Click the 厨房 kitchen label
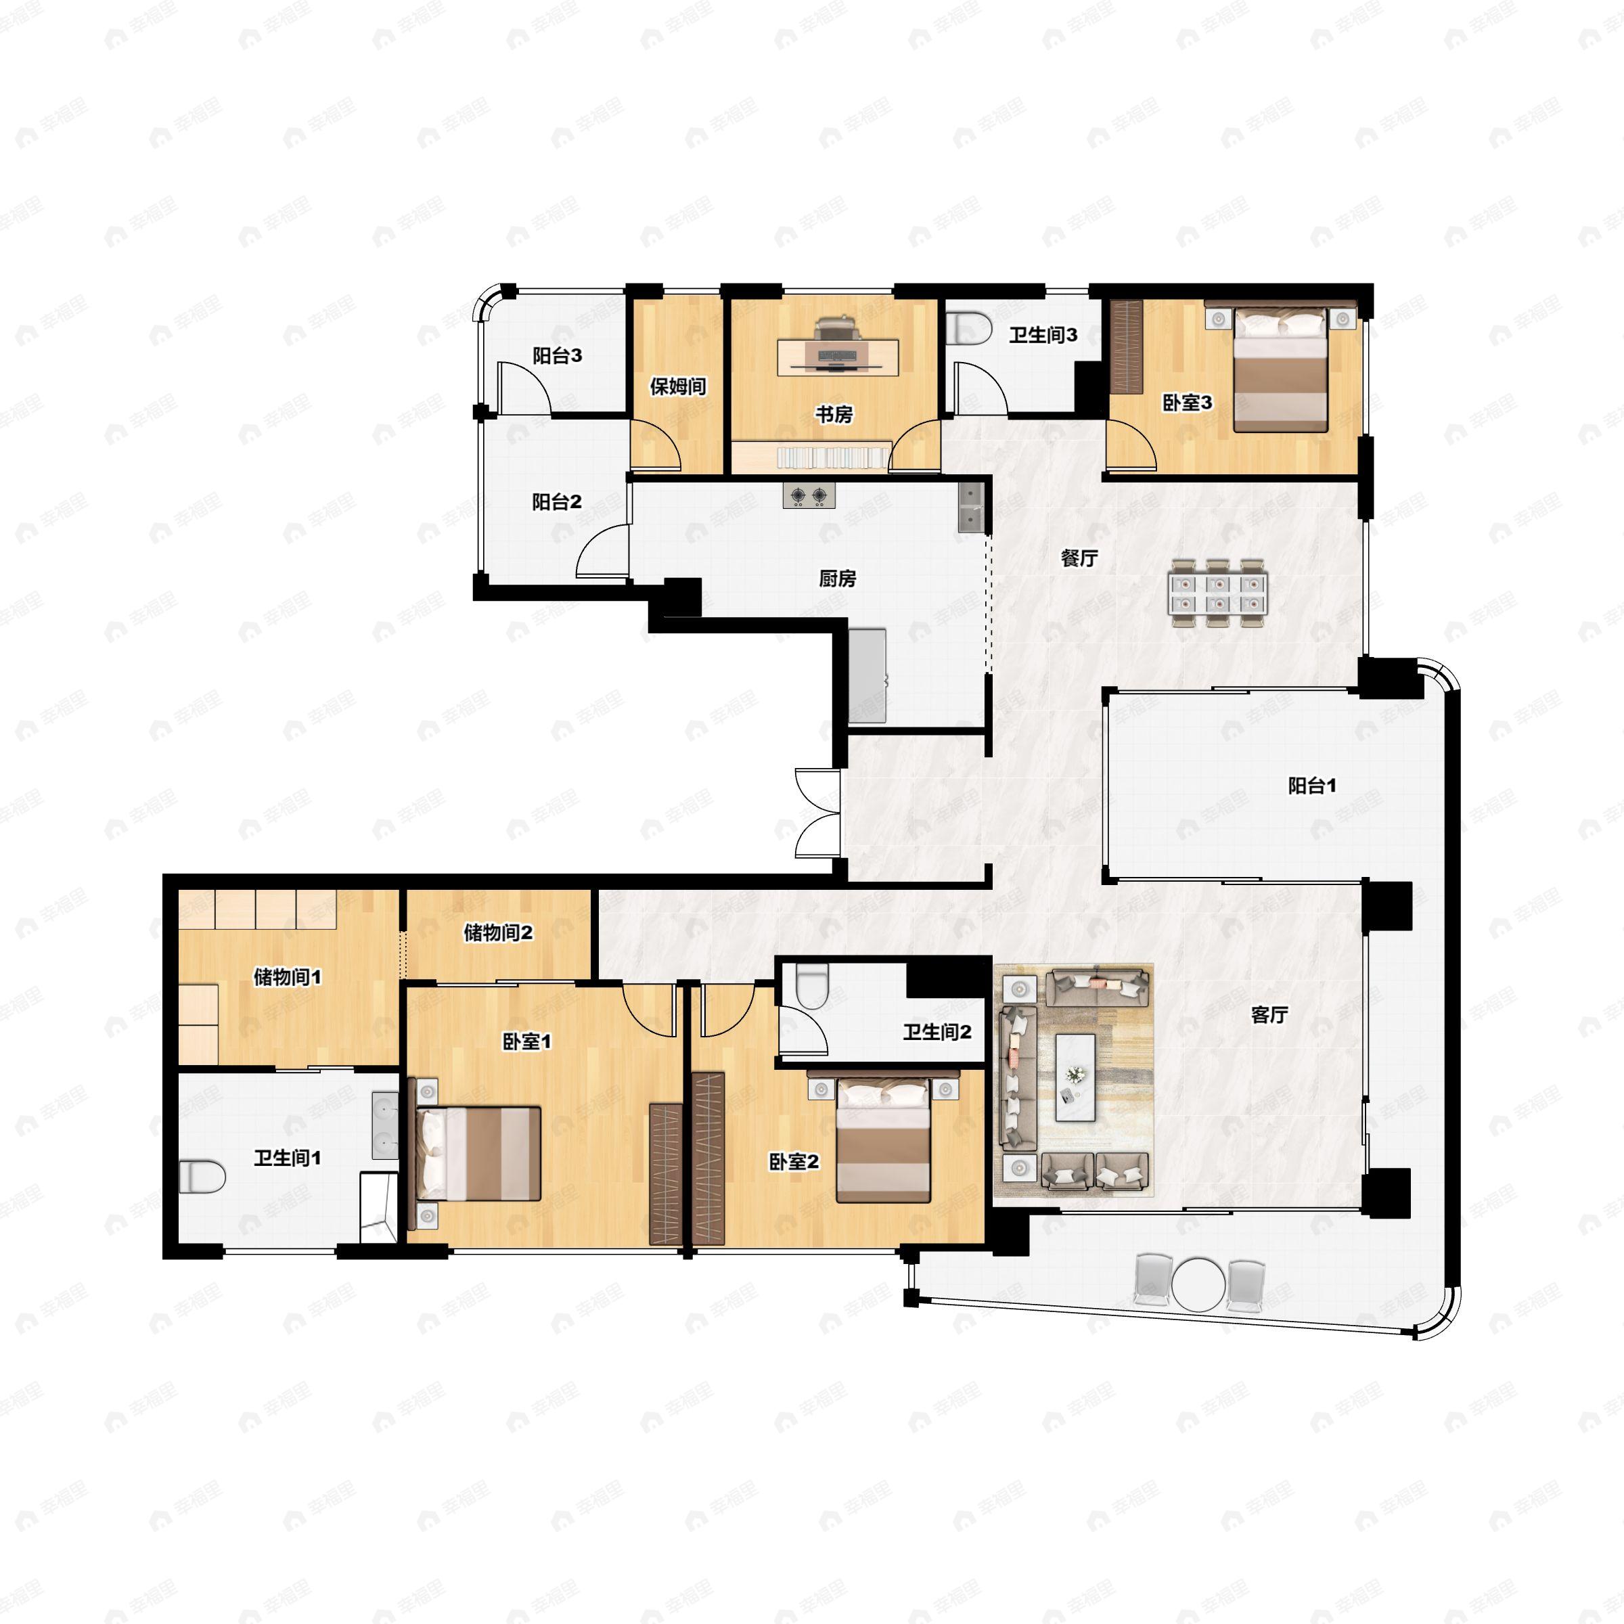(837, 579)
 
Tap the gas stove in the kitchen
(809, 496)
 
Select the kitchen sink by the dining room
(971, 506)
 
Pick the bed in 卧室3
(1280, 371)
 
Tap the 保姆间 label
(677, 386)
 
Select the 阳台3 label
(556, 355)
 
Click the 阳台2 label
(556, 502)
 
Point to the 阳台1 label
(1312, 785)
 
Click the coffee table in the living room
(1075, 1077)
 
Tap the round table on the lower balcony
(1198, 1284)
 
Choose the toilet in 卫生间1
(202, 1176)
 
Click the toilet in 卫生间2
(812, 985)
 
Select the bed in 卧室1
(479, 1152)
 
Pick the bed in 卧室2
(884, 1142)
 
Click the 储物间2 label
(497, 932)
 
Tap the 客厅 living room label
(1269, 1014)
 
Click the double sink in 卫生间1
(385, 1125)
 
